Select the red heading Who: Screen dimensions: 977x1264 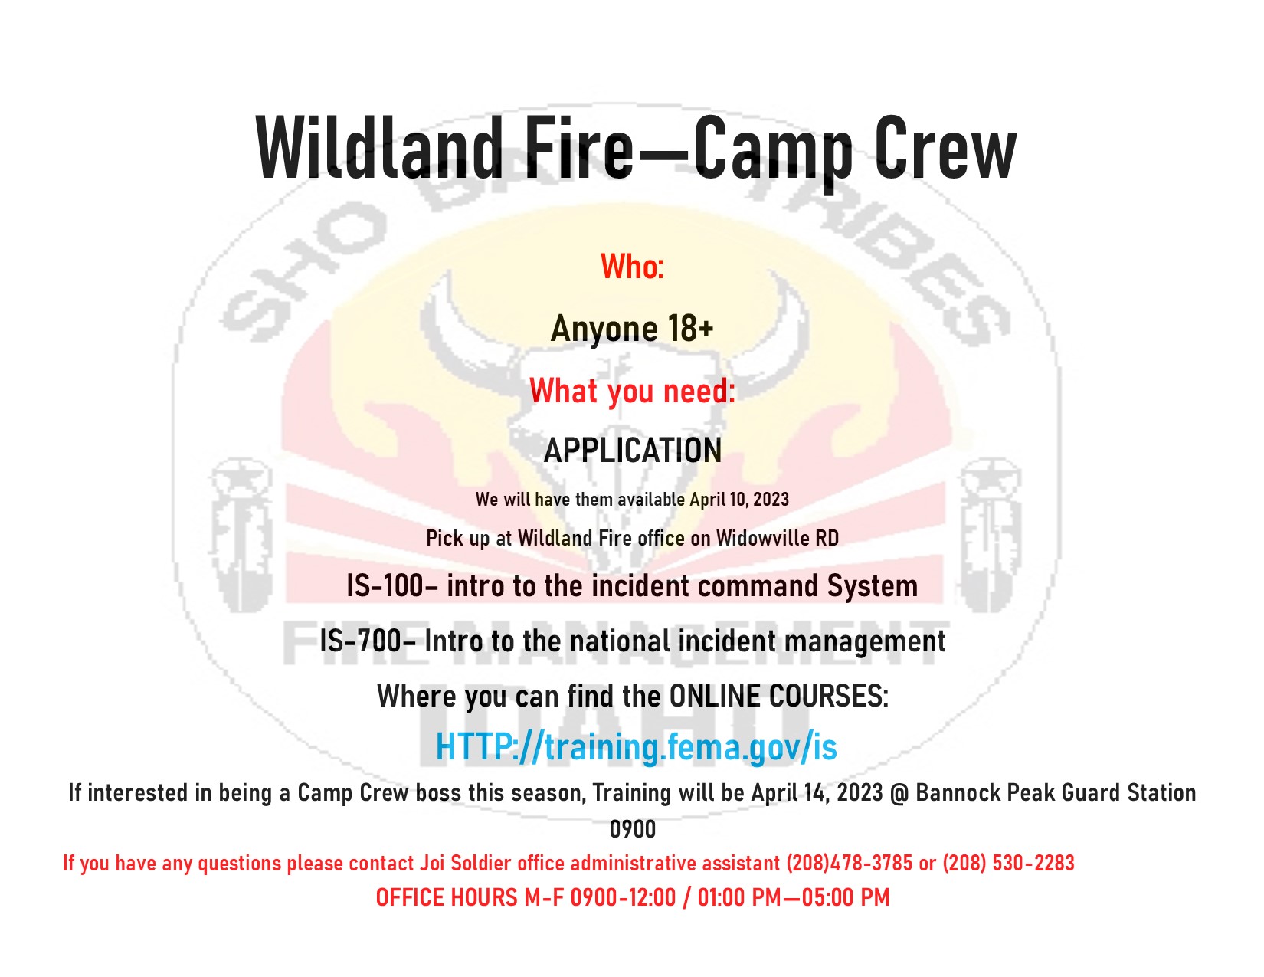click(632, 267)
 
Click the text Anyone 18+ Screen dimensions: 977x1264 click(632, 329)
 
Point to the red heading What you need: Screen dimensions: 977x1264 click(632, 391)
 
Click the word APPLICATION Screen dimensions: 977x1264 click(632, 451)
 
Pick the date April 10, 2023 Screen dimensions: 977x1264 click(739, 500)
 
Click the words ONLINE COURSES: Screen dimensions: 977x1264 click(778, 697)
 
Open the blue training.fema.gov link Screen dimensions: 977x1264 click(636, 747)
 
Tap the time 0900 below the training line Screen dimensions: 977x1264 click(632, 829)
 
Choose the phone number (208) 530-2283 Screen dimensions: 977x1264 click(1008, 864)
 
